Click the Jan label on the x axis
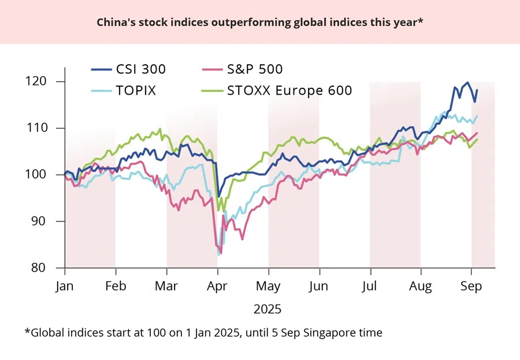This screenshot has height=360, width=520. point(65,287)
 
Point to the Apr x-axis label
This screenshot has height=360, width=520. point(218,287)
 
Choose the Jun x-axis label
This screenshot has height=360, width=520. point(319,287)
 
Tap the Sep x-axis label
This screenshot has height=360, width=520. point(471,287)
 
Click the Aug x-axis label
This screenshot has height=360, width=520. point(421,287)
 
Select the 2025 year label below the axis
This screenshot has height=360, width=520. point(268,309)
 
